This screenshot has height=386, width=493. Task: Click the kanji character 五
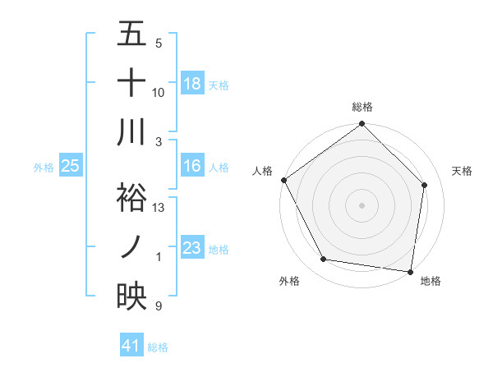coord(131,35)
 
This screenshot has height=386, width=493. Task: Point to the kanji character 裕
coord(131,198)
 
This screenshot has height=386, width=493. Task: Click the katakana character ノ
coord(131,247)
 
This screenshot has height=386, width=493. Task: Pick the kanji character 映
coord(131,296)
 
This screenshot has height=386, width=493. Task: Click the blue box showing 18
coord(192,84)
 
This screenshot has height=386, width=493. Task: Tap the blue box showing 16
coord(192,167)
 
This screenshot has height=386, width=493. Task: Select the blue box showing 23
coord(192,249)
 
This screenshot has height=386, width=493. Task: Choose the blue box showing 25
coord(71,167)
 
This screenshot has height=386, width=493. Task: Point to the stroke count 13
coord(159,208)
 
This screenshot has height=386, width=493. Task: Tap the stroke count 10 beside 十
coord(159,93)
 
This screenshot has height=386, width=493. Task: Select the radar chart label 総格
coord(362,107)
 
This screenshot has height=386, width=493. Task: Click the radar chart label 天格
coord(462,171)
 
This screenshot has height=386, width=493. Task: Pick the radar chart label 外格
coord(288,281)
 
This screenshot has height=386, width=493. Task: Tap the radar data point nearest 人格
coord(283,180)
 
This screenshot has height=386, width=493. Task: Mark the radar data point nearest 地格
coord(410,271)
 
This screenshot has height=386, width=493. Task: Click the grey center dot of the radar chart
coord(362,204)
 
